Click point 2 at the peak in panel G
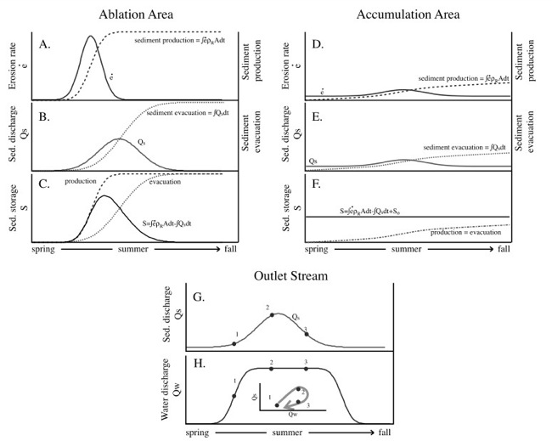pyautogui.click(x=272, y=314)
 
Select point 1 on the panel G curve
pyautogui.click(x=234, y=343)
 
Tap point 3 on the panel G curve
pyautogui.click(x=307, y=333)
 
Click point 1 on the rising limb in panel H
pyautogui.click(x=234, y=396)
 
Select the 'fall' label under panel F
pyautogui.click(x=504, y=250)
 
